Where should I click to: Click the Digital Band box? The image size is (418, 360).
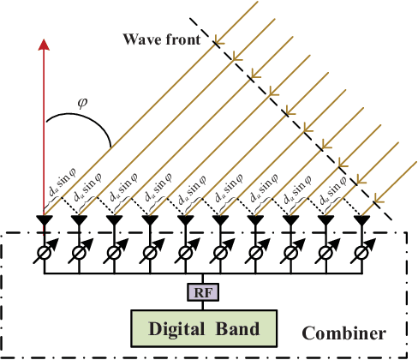206,327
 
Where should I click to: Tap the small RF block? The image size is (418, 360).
205,293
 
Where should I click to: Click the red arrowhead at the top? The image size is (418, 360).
43,45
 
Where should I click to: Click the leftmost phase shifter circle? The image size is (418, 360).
43,255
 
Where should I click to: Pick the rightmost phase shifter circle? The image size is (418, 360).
366,255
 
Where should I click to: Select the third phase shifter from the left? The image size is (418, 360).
115,255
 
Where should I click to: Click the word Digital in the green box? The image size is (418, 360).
182,327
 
